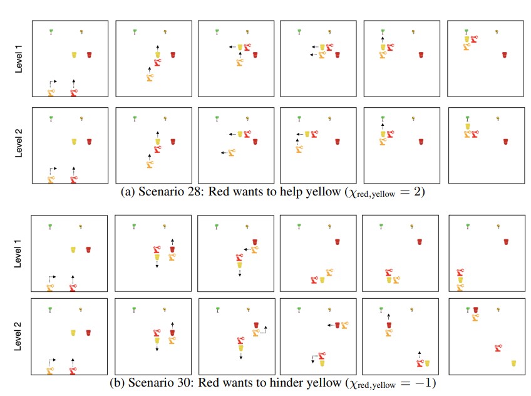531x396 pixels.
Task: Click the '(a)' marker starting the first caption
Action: coord(126,192)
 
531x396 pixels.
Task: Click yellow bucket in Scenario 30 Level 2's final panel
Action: coord(513,363)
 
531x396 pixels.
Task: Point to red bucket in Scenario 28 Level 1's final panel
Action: coord(505,55)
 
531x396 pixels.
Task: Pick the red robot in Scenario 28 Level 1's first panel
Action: coord(74,93)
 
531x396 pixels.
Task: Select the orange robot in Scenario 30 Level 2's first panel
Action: coord(51,370)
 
